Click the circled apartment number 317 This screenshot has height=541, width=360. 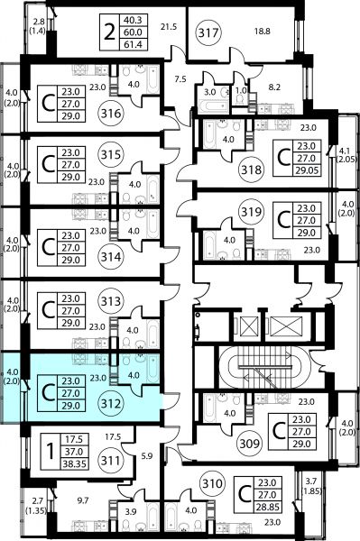pos(208,33)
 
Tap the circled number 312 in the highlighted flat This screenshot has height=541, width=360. pos(111,403)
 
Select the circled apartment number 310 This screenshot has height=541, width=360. pos(212,483)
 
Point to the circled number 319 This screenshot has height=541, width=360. pos(251,212)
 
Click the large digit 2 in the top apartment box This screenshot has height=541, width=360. pos(109,32)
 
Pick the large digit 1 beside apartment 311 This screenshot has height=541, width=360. pos(51,452)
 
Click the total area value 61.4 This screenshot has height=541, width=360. pos(133,44)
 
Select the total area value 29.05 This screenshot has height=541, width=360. pos(307,170)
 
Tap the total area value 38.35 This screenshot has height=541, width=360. pos(75,464)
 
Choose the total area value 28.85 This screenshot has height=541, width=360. pos(268,507)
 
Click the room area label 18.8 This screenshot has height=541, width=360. pos(262,32)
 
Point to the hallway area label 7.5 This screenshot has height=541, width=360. pos(180,79)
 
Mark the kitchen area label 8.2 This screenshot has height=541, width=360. pos(274,87)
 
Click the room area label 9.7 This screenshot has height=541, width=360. pos(83,500)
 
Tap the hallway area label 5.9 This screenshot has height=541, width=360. pos(147,456)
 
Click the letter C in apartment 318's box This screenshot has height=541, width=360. pos(283,158)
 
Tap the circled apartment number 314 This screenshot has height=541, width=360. pos(111,257)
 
